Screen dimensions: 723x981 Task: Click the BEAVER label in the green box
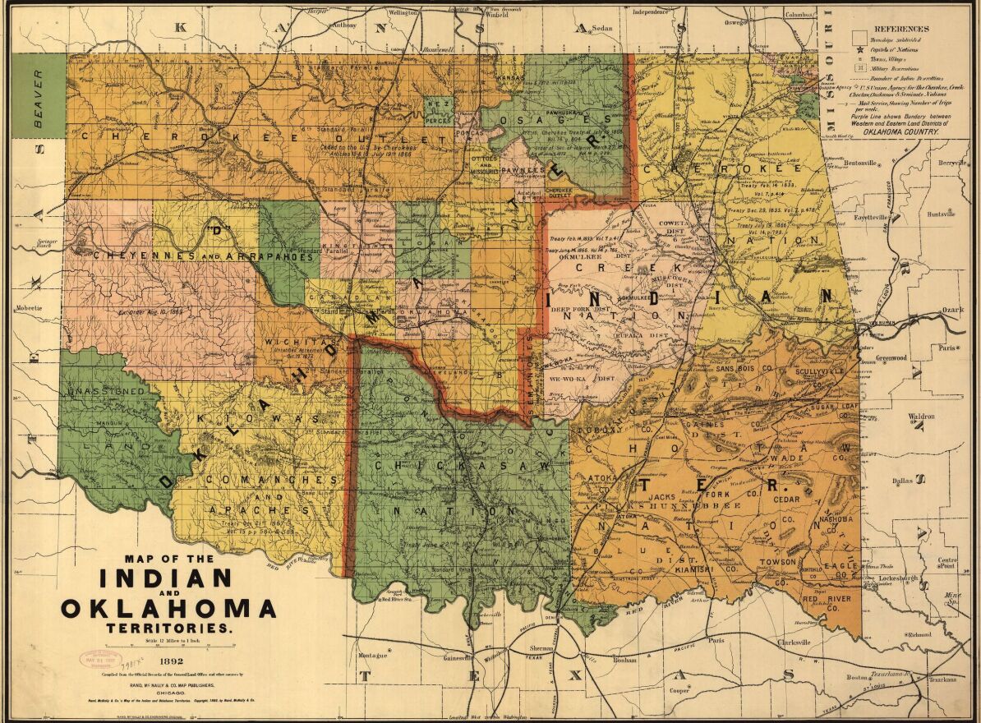pyautogui.click(x=38, y=95)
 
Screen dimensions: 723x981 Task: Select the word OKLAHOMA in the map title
pyautogui.click(x=168, y=609)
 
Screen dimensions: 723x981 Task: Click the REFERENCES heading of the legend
pyautogui.click(x=901, y=29)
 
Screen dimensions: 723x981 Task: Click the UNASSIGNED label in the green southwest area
pyautogui.click(x=108, y=390)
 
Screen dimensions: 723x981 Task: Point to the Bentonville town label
pyautogui.click(x=854, y=163)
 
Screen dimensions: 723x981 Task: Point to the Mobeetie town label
pyautogui.click(x=30, y=310)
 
